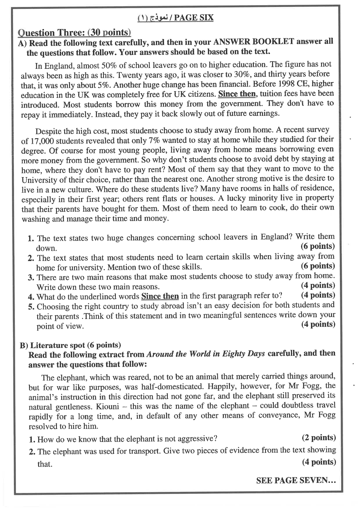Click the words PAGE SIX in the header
[x=194, y=18]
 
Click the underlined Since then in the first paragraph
[x=237, y=94]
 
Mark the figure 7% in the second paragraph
[x=154, y=141]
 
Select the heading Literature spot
[x=58, y=345]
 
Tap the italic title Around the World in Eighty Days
[x=206, y=354]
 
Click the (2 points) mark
[x=318, y=438]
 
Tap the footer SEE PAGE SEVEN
[x=296, y=481]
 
